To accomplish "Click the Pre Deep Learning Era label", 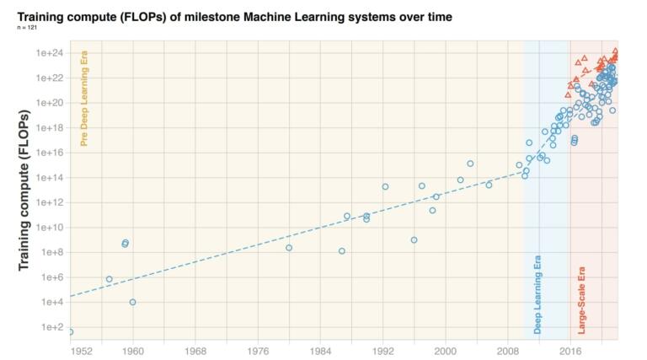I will click(83, 99).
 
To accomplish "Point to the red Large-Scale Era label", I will click(581, 300).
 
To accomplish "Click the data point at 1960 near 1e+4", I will click(133, 302).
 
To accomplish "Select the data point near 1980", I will click(289, 248).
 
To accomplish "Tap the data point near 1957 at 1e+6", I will click(110, 279).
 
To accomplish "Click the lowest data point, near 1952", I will click(71, 332).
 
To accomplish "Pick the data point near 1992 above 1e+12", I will click(385, 186).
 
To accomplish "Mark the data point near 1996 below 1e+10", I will click(414, 240).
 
